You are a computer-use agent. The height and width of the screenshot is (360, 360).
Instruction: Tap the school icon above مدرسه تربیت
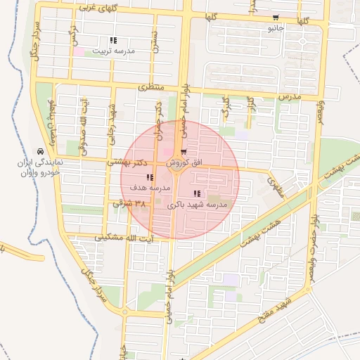click(112, 40)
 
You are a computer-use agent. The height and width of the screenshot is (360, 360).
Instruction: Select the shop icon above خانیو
click(275, 18)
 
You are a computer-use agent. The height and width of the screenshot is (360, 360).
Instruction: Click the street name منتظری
click(150, 87)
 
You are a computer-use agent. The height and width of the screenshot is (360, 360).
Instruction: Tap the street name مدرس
click(289, 95)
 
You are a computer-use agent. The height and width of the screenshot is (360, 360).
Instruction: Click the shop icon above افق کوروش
click(184, 152)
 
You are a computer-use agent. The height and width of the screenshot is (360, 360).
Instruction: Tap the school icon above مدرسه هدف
click(148, 177)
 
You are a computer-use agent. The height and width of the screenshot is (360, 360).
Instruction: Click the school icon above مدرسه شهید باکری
click(196, 193)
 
